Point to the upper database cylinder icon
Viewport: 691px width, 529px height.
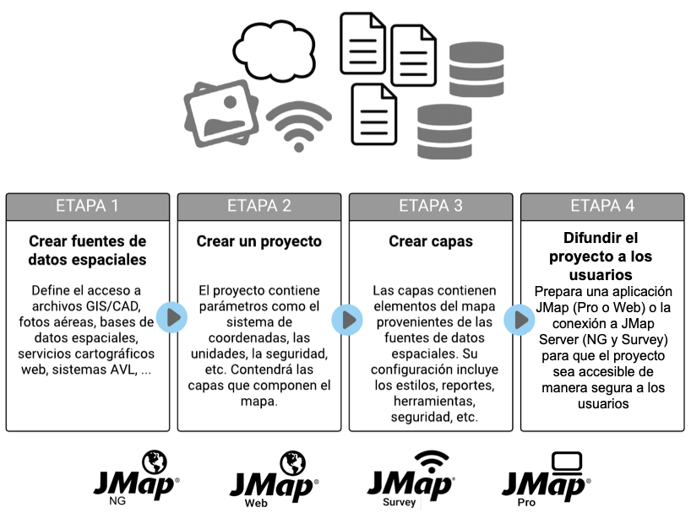coord(476,68)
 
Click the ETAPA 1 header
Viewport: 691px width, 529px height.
coord(87,206)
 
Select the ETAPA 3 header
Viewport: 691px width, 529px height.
coord(430,206)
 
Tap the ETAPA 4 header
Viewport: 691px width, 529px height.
coord(601,206)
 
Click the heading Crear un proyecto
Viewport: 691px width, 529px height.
coord(258,241)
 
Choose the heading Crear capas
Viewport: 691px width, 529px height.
coord(430,241)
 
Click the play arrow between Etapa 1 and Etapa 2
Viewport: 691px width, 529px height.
coord(172,318)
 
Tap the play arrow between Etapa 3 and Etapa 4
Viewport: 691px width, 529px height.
coord(515,318)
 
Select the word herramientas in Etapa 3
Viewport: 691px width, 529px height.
coord(430,401)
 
